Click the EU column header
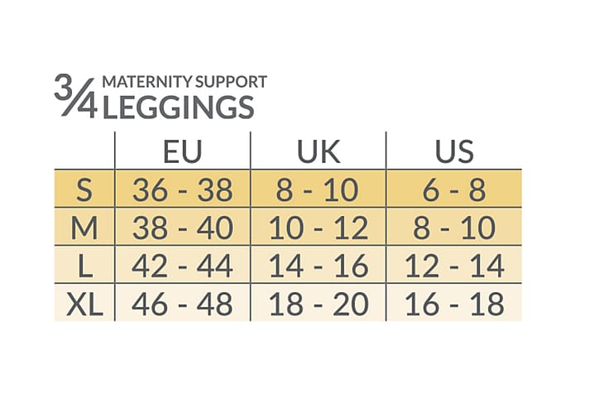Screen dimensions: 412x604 click(x=182, y=151)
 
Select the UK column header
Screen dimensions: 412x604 click(x=318, y=151)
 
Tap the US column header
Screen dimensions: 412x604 click(x=453, y=151)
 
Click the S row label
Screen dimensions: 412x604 click(x=84, y=190)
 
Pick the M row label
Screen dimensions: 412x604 click(x=84, y=228)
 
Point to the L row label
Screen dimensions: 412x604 click(x=84, y=266)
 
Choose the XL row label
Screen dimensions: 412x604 click(x=84, y=304)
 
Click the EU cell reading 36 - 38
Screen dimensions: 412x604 click(x=182, y=190)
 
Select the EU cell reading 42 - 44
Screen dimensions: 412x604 click(x=182, y=266)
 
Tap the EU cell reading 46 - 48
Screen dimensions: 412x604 click(x=182, y=304)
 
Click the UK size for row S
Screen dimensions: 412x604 click(x=318, y=190)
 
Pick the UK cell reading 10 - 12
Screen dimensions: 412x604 click(x=318, y=228)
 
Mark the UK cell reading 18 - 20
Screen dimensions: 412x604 click(x=318, y=304)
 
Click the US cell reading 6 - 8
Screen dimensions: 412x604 click(x=453, y=190)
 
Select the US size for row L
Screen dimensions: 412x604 click(x=453, y=266)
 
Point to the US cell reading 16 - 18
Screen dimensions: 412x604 click(x=453, y=304)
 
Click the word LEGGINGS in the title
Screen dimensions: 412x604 click(x=176, y=108)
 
